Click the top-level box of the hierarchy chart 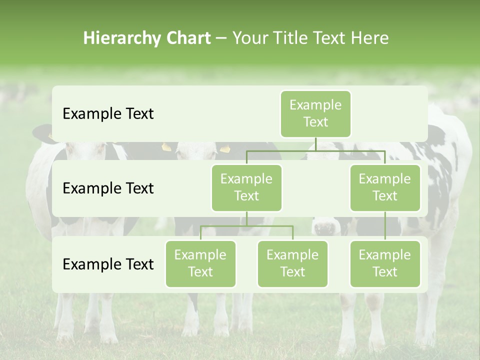315,113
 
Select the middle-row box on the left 246,187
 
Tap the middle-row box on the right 385,187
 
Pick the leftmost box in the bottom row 200,263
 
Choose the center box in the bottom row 292,263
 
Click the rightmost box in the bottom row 385,263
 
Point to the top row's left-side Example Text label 108,114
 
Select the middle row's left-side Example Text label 108,188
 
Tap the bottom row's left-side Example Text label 108,264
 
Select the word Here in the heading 369,38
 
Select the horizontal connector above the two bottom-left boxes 246,226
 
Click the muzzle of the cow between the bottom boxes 325,228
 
